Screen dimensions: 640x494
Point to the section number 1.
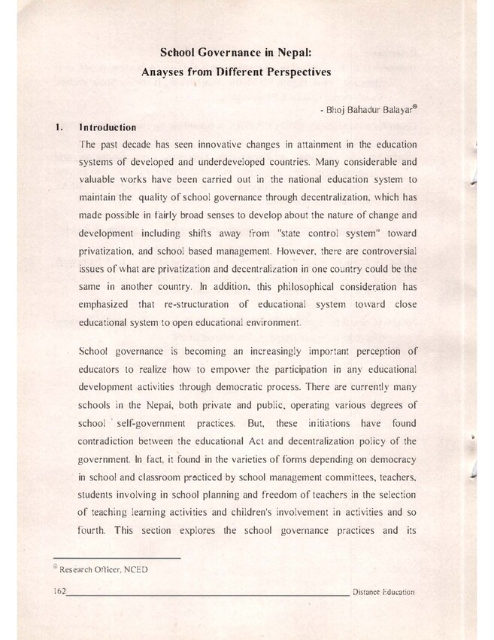tap(58, 127)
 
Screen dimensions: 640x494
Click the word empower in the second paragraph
tap(235, 368)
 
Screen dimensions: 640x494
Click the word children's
tap(237, 510)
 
